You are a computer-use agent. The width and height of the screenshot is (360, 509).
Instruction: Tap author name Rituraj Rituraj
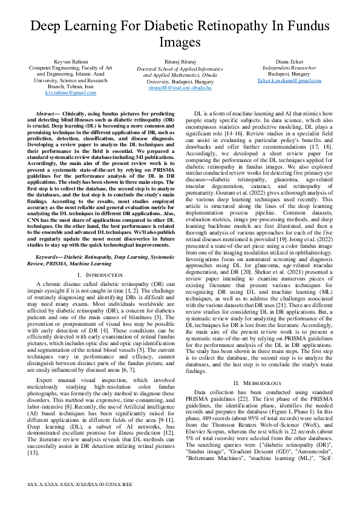click(180, 62)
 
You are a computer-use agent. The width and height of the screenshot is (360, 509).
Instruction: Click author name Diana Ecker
click(289, 62)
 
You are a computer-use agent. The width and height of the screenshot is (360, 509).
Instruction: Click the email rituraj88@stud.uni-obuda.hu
click(180, 87)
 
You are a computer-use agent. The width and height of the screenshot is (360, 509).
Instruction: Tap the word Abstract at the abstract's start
click(48, 113)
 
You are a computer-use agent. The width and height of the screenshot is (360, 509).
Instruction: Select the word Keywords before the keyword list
click(50, 256)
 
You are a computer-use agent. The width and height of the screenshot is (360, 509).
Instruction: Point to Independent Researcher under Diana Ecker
click(289, 68)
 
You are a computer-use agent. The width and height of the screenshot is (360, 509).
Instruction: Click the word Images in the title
click(180, 42)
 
